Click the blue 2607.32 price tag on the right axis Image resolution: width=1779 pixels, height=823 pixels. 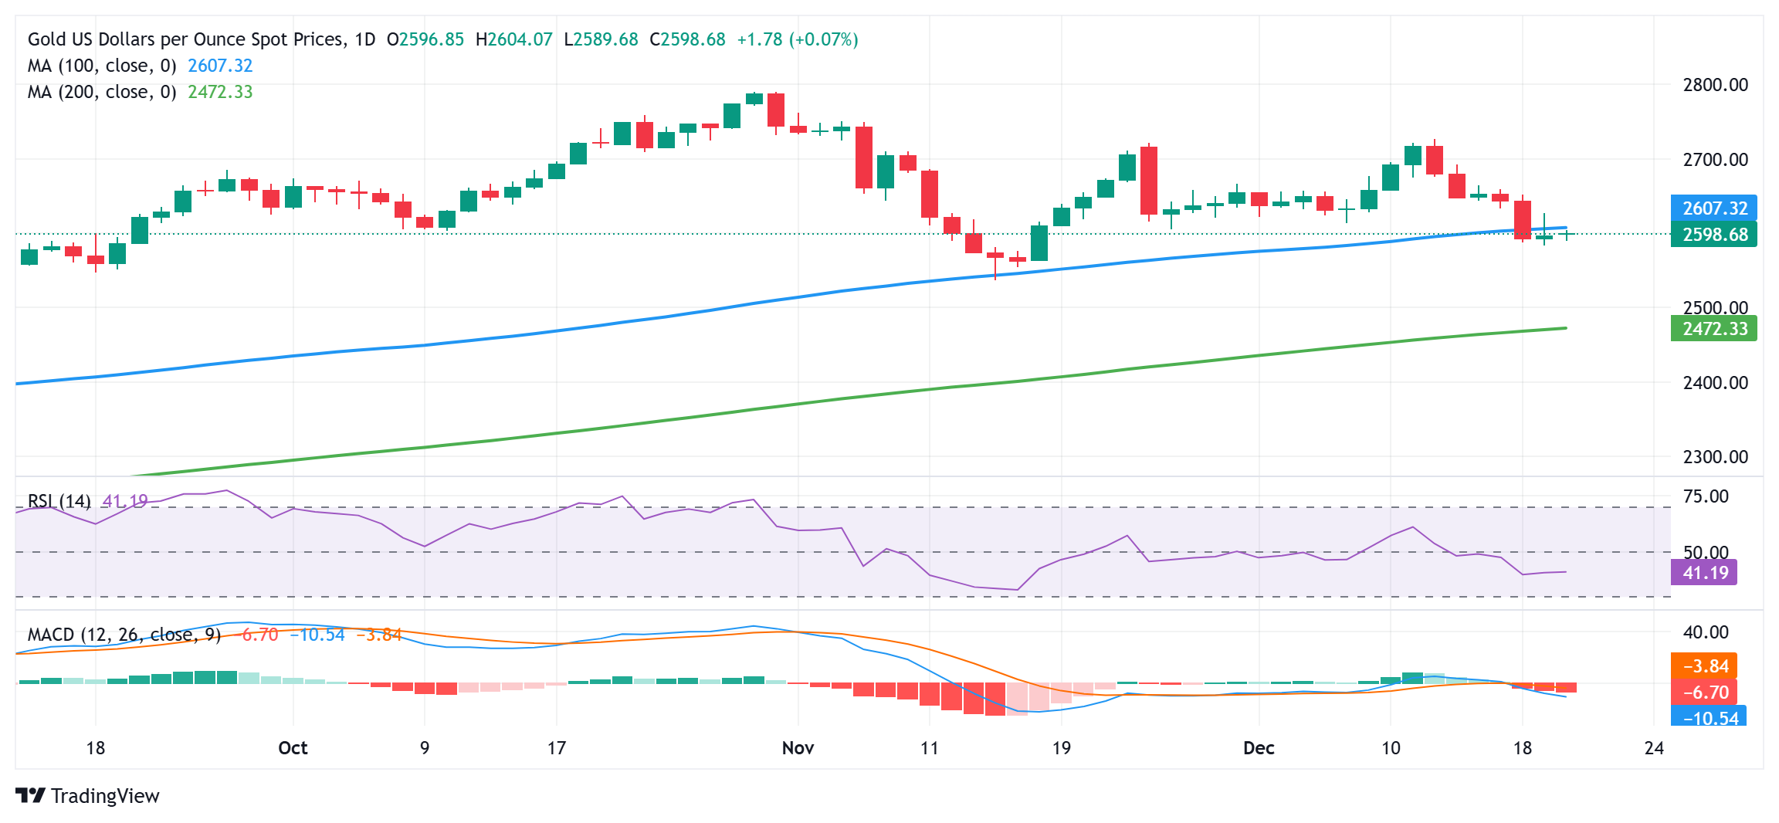pyautogui.click(x=1713, y=208)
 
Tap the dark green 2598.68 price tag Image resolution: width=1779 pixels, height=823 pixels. pyautogui.click(x=1713, y=234)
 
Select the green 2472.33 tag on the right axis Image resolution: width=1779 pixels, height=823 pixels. pyautogui.click(x=1713, y=329)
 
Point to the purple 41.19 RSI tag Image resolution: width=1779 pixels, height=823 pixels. pyautogui.click(x=1704, y=573)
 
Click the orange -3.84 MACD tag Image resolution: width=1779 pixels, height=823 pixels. pyautogui.click(x=1704, y=666)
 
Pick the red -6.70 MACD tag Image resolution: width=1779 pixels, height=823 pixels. pyautogui.click(x=1704, y=693)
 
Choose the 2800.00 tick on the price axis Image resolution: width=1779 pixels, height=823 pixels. pyautogui.click(x=1715, y=85)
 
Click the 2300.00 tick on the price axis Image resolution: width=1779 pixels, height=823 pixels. pyautogui.click(x=1715, y=457)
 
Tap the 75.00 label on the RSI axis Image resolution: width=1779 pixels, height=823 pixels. pyautogui.click(x=1706, y=496)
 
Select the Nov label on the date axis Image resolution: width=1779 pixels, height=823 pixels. pyautogui.click(x=798, y=748)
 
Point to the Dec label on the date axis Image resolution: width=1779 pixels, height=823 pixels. pyautogui.click(x=1259, y=748)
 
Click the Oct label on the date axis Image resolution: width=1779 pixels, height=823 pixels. pyautogui.click(x=293, y=748)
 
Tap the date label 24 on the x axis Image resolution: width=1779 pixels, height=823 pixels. pyautogui.click(x=1654, y=748)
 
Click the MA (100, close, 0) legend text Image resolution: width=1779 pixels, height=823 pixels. pyautogui.click(x=102, y=66)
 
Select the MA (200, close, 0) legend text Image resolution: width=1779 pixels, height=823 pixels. pyautogui.click(x=102, y=93)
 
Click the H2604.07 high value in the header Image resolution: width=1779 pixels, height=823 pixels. pyautogui.click(x=513, y=39)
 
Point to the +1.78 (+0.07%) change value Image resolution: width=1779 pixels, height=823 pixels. pyautogui.click(x=797, y=39)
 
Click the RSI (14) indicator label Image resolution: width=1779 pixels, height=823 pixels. pyautogui.click(x=59, y=501)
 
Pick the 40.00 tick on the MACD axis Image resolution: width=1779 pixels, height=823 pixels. pyautogui.click(x=1706, y=632)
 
